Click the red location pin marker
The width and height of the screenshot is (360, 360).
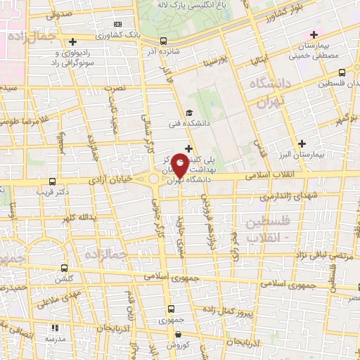(x=180, y=167)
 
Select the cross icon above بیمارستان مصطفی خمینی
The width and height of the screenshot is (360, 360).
(x=314, y=34)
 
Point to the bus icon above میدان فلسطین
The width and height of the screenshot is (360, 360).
(x=342, y=72)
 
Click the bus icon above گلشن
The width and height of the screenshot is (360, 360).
(x=65, y=268)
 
